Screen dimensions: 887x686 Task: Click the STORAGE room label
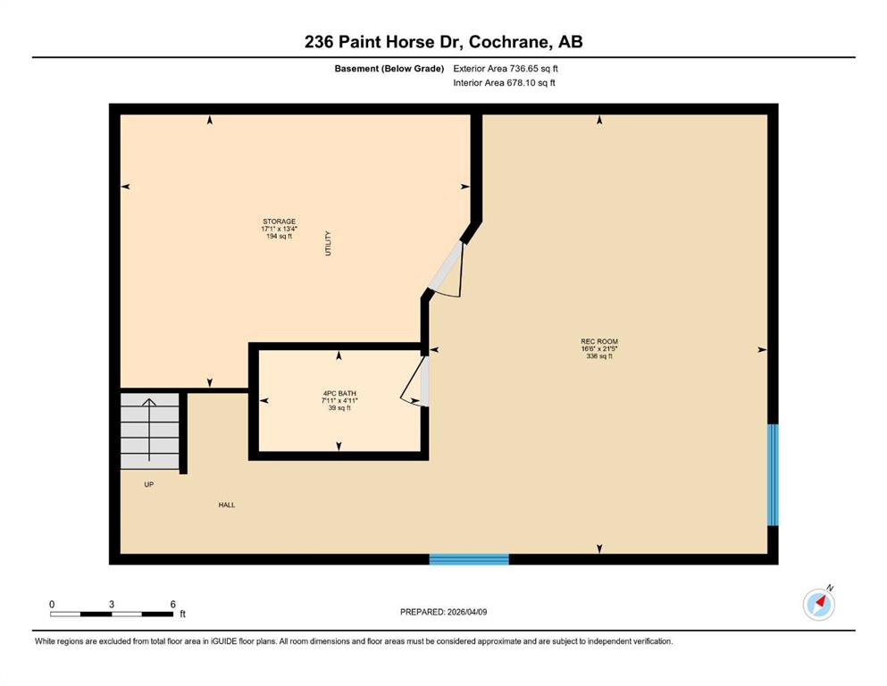click(279, 222)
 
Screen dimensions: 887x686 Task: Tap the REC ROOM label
click(599, 341)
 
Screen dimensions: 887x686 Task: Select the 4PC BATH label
click(339, 394)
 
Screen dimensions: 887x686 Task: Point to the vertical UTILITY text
click(328, 243)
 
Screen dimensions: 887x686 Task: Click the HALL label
click(227, 505)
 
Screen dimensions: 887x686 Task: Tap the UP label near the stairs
click(149, 485)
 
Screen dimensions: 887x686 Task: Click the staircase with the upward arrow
click(150, 431)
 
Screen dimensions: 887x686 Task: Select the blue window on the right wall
click(773, 475)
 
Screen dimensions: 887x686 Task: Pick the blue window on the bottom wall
click(469, 559)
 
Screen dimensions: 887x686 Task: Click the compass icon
click(818, 604)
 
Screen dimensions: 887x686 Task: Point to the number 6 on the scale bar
click(173, 604)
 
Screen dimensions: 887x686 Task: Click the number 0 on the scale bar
click(52, 604)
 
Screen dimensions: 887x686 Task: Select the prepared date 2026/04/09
click(466, 612)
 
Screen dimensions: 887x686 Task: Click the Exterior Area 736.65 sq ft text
click(506, 69)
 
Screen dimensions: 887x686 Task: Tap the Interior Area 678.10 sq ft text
click(504, 82)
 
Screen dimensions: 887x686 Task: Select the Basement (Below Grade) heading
click(389, 69)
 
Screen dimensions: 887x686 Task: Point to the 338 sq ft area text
click(599, 356)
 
